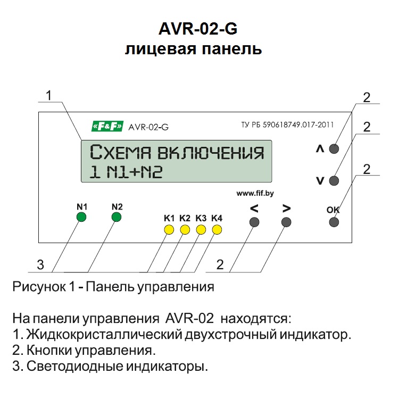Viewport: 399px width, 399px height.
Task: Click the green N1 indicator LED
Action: pos(81,217)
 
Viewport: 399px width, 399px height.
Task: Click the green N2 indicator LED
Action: pos(117,217)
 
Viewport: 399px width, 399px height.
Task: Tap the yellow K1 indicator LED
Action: pos(169,230)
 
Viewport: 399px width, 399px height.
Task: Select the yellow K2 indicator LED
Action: pos(185,230)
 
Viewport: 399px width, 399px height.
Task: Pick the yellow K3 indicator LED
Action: pos(201,230)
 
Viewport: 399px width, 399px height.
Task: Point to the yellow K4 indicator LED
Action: pos(217,230)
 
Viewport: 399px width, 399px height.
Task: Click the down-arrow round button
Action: pos(334,180)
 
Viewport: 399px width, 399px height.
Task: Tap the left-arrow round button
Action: pos(254,222)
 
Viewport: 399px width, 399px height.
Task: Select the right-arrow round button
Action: pos(286,222)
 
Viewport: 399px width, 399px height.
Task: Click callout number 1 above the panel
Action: pos(48,96)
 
